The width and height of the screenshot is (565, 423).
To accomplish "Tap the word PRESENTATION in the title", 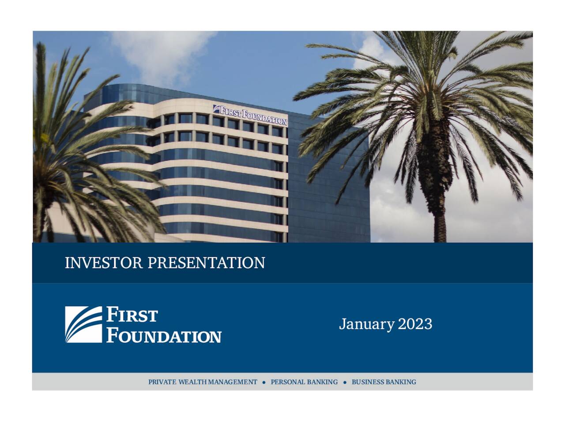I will pyautogui.click(x=206, y=263).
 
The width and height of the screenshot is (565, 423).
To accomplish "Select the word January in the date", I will pyautogui.click(x=366, y=324).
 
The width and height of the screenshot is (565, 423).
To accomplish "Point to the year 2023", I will pyautogui.click(x=415, y=324).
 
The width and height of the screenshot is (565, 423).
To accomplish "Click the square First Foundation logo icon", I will pyautogui.click(x=83, y=325).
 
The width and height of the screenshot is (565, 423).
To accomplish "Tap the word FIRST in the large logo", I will pyautogui.click(x=132, y=316).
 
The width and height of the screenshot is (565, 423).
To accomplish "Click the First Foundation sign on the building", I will pyautogui.click(x=250, y=115).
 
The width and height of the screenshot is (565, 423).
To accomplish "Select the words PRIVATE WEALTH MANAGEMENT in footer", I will pyautogui.click(x=203, y=382).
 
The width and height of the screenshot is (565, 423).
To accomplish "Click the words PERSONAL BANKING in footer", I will pyautogui.click(x=304, y=382).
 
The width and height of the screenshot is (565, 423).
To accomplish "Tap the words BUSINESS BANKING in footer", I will pyautogui.click(x=384, y=382).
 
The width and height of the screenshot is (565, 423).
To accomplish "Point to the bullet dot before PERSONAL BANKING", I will pyautogui.click(x=264, y=382).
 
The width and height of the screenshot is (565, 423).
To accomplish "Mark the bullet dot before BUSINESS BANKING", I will pyautogui.click(x=345, y=382).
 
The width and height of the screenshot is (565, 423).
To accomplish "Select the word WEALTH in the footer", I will pyautogui.click(x=193, y=382).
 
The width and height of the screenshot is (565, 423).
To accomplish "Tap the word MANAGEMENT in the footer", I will pyautogui.click(x=233, y=382).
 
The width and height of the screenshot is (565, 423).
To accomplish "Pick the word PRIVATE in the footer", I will pyautogui.click(x=162, y=382).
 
